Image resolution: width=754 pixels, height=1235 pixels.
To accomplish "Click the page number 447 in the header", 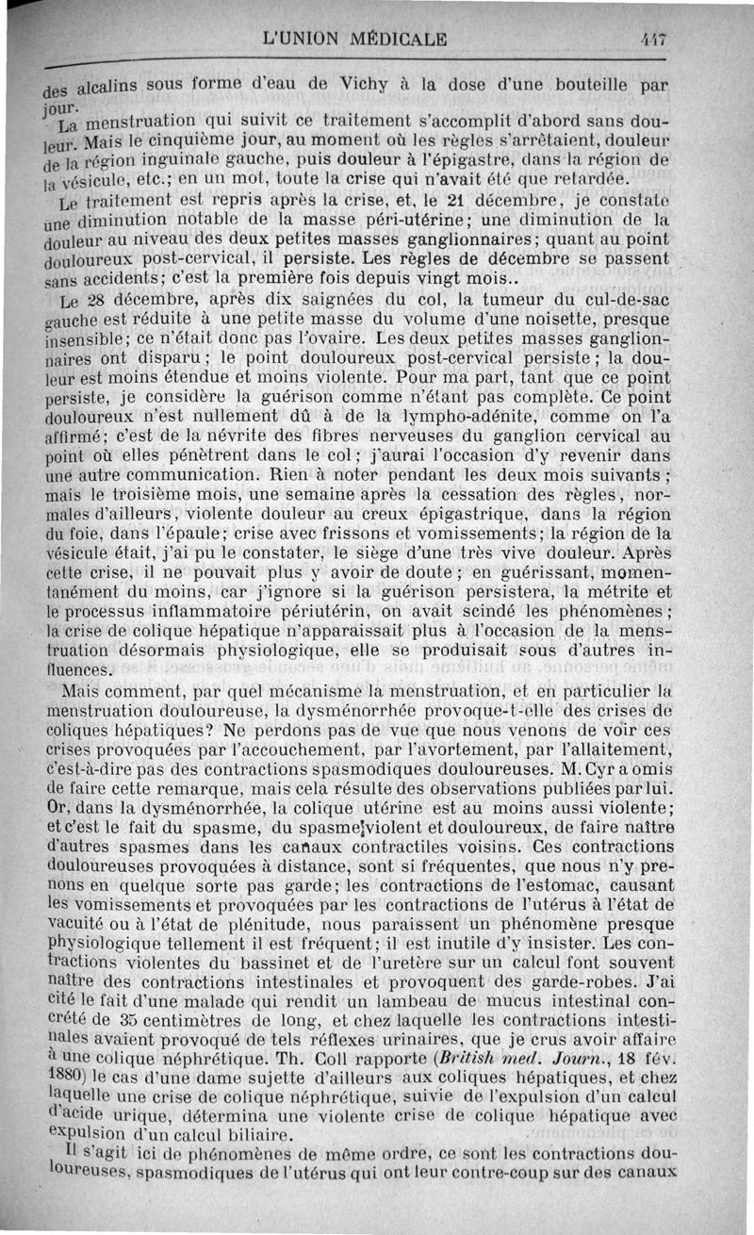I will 652,40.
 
